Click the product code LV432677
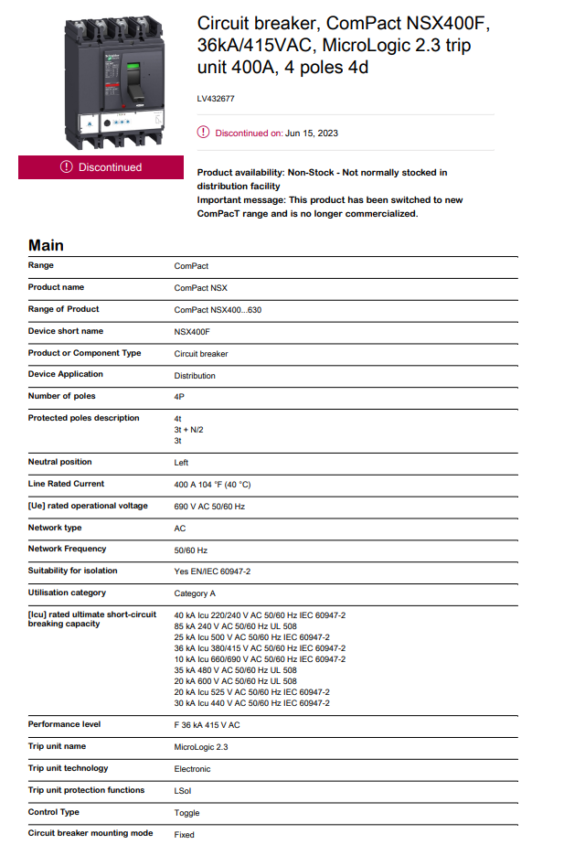tap(215, 97)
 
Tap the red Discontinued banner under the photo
tap(101, 166)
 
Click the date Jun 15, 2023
tap(312, 134)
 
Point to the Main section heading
tap(46, 245)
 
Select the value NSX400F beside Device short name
tap(192, 331)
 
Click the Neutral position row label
tap(59, 462)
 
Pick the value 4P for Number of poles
tap(179, 397)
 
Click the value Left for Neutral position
tap(181, 463)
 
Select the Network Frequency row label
tap(67, 549)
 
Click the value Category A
tap(195, 593)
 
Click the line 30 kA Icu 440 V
tap(251, 703)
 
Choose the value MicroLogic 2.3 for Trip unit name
tap(201, 747)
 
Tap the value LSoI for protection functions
tap(183, 790)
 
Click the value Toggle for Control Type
tap(186, 813)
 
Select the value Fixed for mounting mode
tap(184, 835)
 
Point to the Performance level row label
tap(64, 724)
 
